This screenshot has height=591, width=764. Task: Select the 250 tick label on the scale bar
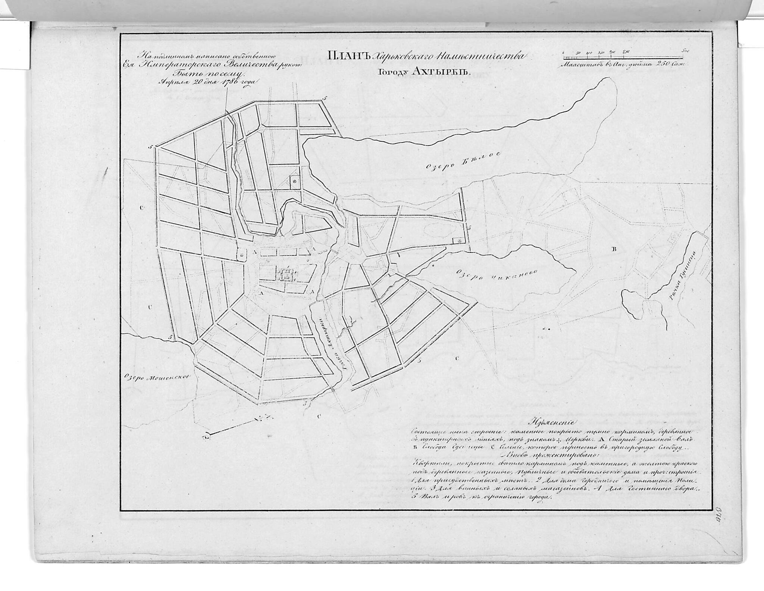(626, 51)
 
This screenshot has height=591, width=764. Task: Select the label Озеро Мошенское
(157, 377)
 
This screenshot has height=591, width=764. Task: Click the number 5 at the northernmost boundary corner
(324, 98)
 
